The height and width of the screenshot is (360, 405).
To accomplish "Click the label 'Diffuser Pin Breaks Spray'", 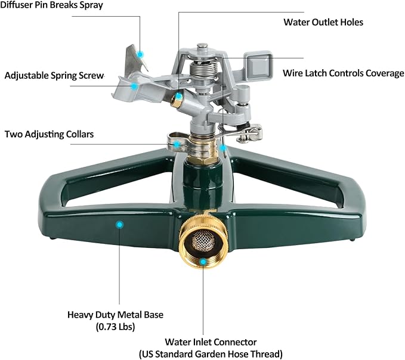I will click(52, 5).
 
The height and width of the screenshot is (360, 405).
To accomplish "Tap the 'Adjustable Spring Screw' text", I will click(54, 76).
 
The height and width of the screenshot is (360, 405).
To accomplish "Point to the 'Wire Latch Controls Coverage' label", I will click(343, 73).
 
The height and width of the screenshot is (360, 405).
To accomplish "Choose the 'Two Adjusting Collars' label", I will click(49, 134).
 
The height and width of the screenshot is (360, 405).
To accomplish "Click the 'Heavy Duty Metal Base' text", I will click(115, 315).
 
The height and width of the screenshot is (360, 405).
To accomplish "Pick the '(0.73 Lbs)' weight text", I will click(115, 327).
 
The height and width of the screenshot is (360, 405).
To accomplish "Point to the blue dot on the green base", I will click(119, 224).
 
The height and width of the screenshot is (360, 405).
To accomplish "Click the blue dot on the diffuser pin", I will click(140, 55).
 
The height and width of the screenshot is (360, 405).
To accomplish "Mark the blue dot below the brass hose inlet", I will click(203, 261).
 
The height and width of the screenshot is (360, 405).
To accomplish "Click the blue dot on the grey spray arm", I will click(135, 86).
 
